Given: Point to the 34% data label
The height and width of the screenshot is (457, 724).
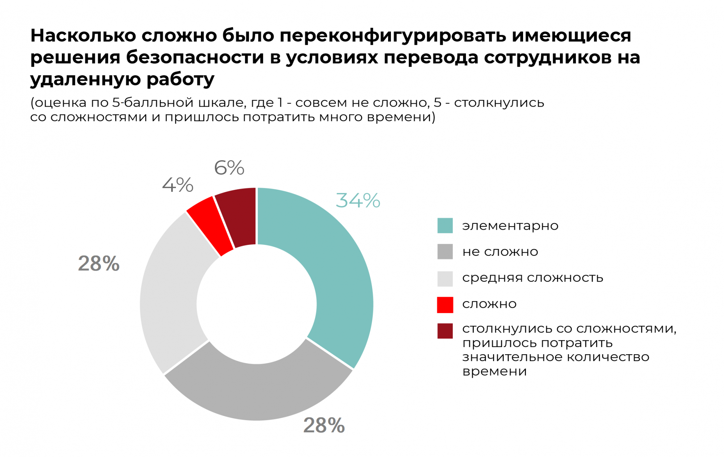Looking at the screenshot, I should [x=358, y=200].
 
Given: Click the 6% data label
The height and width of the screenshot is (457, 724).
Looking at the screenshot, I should [x=229, y=168].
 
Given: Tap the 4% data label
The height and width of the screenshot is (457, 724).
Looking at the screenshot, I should [x=177, y=185].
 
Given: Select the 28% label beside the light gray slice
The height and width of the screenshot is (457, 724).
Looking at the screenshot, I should [x=98, y=263].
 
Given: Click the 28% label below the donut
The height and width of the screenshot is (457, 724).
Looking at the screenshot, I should [x=324, y=425].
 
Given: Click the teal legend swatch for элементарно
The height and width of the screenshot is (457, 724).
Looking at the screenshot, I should [x=445, y=225].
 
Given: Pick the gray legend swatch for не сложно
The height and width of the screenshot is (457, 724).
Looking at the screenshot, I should [x=445, y=251].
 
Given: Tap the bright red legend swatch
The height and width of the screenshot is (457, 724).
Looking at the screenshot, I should [x=445, y=305].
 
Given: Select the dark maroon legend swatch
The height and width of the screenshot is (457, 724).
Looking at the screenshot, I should [x=445, y=331].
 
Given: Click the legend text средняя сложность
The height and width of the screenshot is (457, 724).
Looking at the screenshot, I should [x=533, y=278].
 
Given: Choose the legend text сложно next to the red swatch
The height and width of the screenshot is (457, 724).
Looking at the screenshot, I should [x=489, y=304].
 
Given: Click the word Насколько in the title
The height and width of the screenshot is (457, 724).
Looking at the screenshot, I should [x=83, y=36].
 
